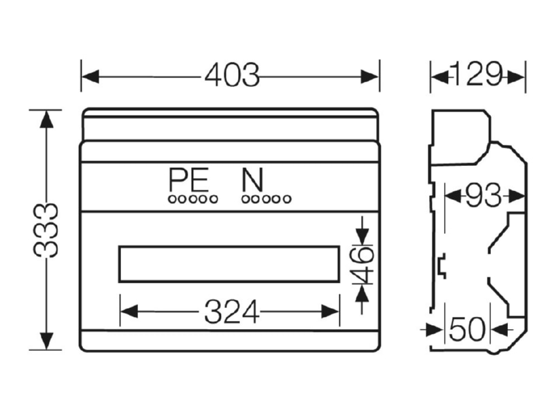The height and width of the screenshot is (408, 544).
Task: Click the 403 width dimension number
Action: (x=232, y=75)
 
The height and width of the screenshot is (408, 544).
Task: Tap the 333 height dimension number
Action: (x=46, y=231)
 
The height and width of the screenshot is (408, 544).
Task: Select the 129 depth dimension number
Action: (x=477, y=74)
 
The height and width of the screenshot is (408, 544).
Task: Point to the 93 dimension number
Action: (x=483, y=196)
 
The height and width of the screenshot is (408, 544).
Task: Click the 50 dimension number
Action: (x=467, y=329)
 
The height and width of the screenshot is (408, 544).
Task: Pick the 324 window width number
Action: (x=232, y=311)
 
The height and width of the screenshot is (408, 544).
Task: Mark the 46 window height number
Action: (x=362, y=265)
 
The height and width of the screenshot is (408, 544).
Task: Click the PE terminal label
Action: (x=189, y=180)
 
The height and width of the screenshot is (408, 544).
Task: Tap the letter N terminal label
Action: (x=252, y=180)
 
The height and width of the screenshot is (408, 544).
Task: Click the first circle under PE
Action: (x=173, y=199)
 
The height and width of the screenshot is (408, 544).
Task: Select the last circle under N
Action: (x=287, y=199)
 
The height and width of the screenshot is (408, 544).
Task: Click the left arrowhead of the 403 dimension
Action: (x=90, y=77)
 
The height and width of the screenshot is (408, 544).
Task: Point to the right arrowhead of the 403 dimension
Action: (x=369, y=77)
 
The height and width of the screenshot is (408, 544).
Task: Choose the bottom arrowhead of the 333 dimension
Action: (x=46, y=341)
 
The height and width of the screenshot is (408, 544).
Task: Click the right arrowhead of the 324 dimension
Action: (x=330, y=311)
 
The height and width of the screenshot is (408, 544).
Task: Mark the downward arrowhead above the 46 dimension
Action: (x=362, y=237)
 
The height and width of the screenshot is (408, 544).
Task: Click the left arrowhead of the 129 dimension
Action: (x=439, y=77)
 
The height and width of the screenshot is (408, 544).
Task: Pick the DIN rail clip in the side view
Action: (x=442, y=266)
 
